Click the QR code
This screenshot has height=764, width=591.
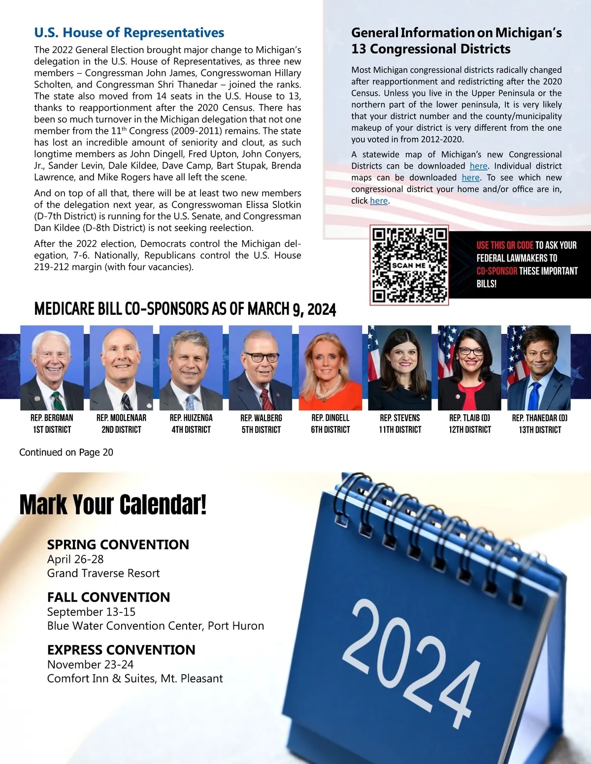(410, 265)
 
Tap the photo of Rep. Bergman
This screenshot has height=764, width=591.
(52, 367)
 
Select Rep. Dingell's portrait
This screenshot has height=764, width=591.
(330, 367)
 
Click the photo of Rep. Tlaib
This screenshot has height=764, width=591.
(469, 367)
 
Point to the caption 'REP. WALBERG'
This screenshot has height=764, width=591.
(261, 418)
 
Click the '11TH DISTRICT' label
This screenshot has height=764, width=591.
(400, 429)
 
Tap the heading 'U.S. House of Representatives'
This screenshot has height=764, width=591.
(129, 33)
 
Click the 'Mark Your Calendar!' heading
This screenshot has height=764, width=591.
(113, 505)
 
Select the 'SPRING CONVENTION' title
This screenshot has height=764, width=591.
(118, 545)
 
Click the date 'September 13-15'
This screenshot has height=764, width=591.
(91, 612)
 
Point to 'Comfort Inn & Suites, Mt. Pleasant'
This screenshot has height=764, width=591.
(135, 678)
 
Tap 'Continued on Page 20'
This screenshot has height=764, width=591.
(66, 452)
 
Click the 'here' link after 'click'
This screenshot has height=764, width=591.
(379, 201)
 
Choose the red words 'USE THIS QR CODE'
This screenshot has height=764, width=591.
(505, 245)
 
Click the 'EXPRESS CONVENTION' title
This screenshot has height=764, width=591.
(121, 650)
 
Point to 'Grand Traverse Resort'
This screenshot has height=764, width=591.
(103, 573)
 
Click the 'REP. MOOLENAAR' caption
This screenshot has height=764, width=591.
(121, 418)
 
